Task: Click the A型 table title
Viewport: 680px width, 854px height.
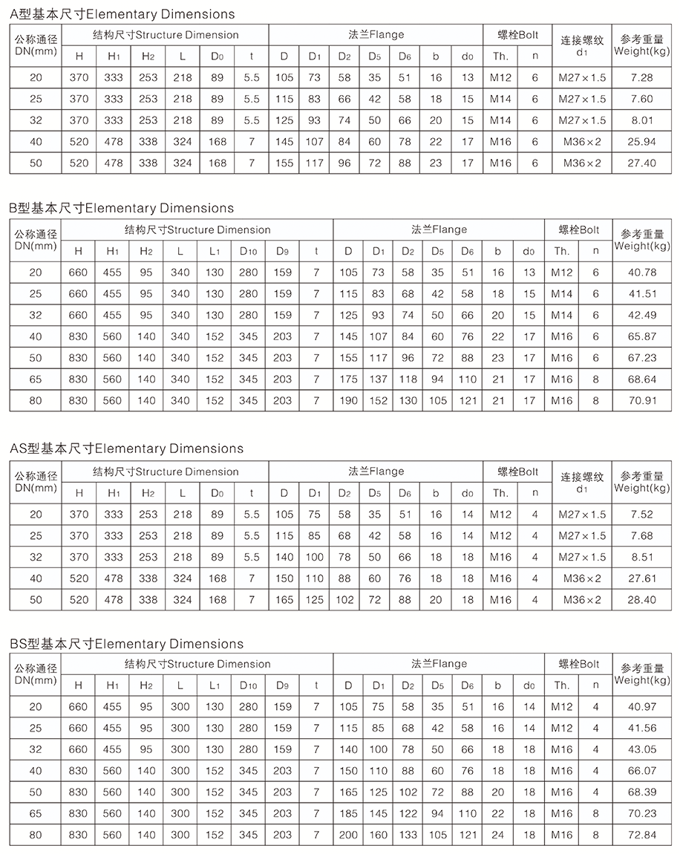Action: coord(122,14)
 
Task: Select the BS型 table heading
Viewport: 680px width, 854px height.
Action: coord(127,643)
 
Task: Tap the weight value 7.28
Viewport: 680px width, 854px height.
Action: coord(641,77)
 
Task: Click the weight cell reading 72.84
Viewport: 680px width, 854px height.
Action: coord(641,835)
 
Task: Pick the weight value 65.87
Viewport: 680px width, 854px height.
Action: coord(641,336)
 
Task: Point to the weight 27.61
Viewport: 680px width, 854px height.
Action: coord(641,578)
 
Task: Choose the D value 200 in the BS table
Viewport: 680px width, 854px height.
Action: coord(347,835)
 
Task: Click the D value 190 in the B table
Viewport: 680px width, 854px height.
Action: coord(347,400)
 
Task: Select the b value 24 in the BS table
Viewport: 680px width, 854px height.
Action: coord(498,835)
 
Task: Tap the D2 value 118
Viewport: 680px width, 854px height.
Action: coord(408,379)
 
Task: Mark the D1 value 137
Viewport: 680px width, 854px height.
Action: coord(379,379)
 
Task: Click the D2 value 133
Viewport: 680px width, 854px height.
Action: coord(408,835)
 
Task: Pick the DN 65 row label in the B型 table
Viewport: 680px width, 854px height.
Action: coord(36,379)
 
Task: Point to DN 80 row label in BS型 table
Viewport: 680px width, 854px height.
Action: coord(36,835)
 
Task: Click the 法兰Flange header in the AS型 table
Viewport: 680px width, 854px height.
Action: coord(376,471)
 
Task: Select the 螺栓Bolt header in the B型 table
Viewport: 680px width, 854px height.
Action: coord(579,230)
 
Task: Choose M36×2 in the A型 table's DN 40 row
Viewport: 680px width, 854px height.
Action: coord(582,141)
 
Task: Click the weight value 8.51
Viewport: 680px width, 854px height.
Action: coord(641,557)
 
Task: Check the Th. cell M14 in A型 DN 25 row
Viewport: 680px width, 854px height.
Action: coord(501,99)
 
